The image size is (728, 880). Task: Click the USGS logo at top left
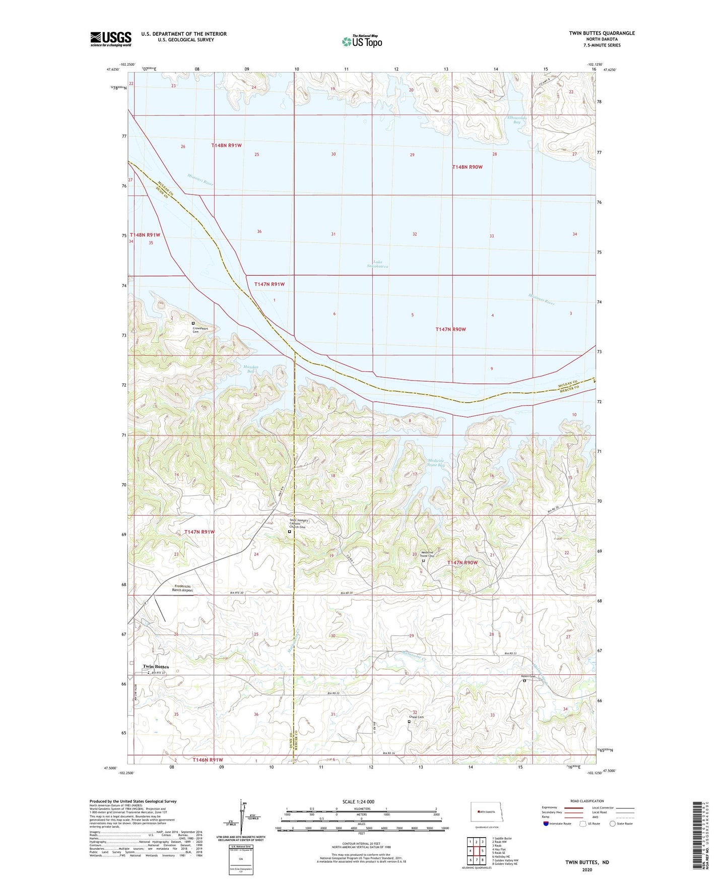111,38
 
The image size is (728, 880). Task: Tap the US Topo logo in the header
362,41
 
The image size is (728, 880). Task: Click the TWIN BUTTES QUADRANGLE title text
602,33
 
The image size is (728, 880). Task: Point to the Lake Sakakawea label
377,264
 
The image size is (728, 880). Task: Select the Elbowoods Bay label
516,120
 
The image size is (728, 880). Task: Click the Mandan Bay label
250,369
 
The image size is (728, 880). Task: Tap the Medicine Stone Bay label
436,463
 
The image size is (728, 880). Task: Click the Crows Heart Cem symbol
193,323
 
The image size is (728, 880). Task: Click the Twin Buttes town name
156,666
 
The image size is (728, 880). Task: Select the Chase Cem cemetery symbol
409,721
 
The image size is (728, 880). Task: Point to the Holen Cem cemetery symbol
524,680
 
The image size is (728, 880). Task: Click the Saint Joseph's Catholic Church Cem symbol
289,531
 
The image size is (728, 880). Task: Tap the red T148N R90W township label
467,167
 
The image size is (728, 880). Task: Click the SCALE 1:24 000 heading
358,801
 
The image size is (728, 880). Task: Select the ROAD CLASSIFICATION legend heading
587,801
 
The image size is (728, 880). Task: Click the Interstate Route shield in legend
546,824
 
